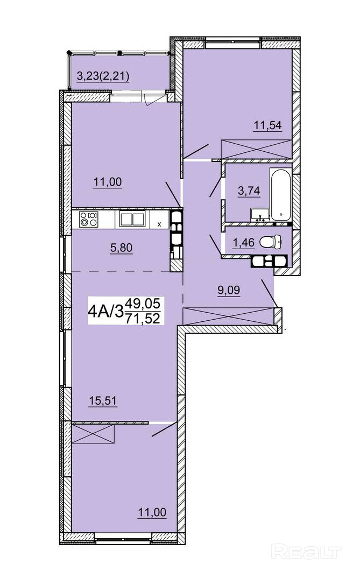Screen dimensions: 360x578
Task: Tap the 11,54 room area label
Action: click(267, 125)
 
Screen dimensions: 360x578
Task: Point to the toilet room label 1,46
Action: click(244, 243)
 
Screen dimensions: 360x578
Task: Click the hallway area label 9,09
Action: click(229, 290)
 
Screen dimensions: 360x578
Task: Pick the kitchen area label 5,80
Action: click(121, 248)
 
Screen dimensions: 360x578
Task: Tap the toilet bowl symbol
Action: click(271, 242)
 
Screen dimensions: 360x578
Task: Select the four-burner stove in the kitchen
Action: click(89, 219)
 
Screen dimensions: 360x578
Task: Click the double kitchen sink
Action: click(131, 219)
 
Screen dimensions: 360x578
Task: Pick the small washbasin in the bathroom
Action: click(260, 215)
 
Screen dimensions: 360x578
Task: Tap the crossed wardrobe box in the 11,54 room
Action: click(257, 149)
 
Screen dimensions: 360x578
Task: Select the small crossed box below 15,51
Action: click(93, 434)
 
